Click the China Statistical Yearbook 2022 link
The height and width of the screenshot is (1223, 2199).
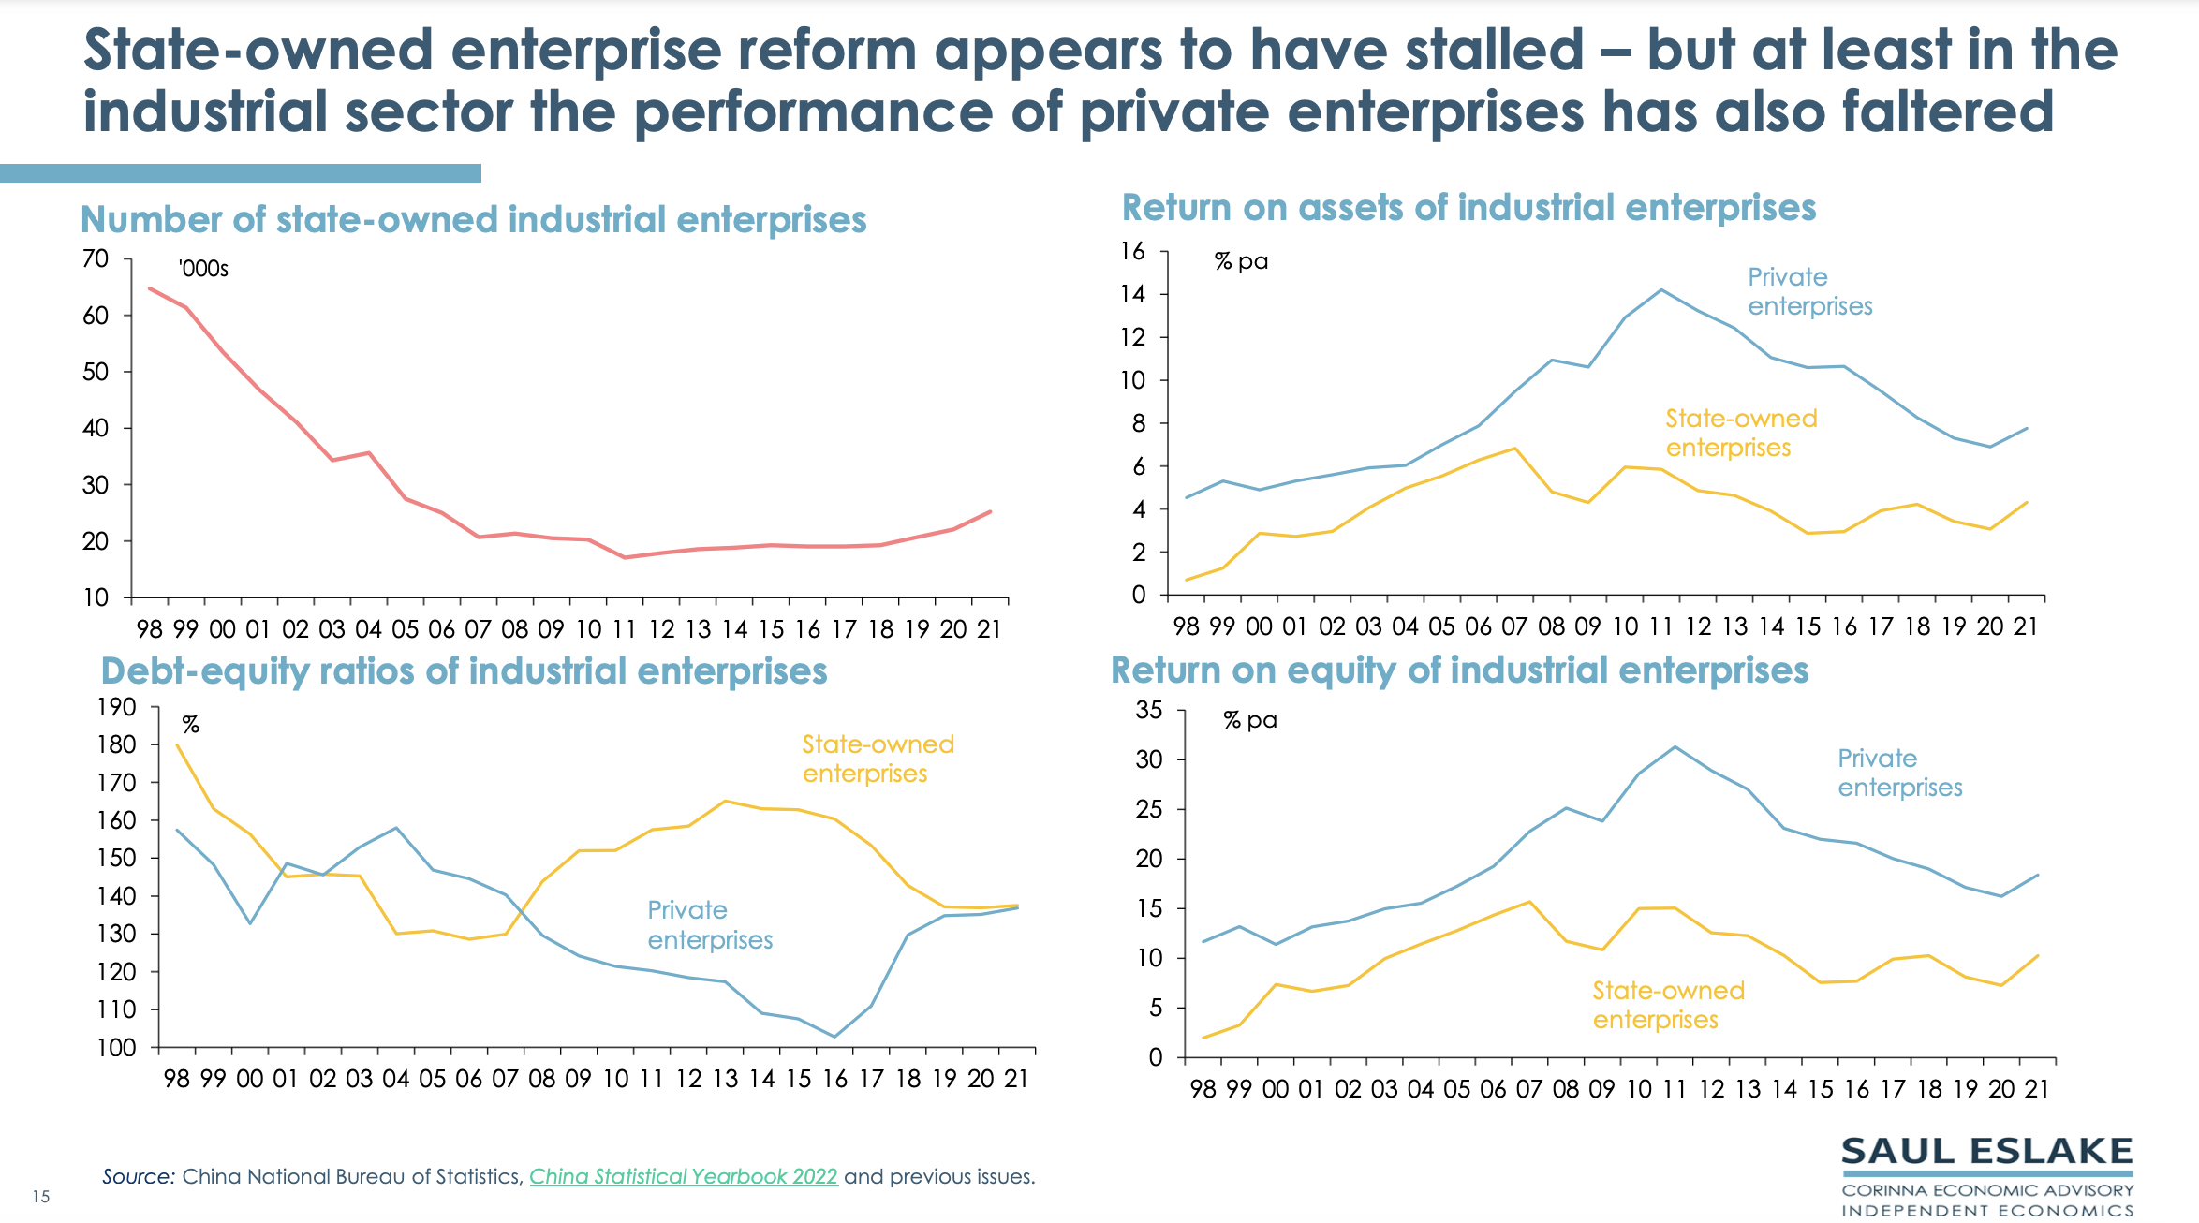pyautogui.click(x=683, y=1176)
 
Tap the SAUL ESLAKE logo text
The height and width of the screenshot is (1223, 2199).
pyautogui.click(x=1986, y=1152)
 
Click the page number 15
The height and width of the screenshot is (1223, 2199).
pyautogui.click(x=40, y=1197)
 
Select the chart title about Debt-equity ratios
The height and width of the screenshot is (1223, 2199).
pyautogui.click(x=464, y=671)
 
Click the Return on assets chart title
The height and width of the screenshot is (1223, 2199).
pyautogui.click(x=1468, y=208)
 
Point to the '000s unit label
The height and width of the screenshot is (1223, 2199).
pyautogui.click(x=203, y=269)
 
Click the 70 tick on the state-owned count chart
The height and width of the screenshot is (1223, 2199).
pyautogui.click(x=96, y=258)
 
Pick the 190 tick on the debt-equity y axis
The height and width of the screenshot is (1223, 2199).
pyautogui.click(x=116, y=707)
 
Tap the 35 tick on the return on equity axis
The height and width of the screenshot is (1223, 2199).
pyautogui.click(x=1149, y=710)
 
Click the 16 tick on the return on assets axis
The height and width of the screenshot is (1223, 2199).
pyautogui.click(x=1132, y=251)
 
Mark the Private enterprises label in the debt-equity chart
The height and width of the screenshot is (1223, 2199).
pyautogui.click(x=710, y=925)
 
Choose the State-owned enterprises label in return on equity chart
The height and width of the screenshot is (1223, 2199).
pyautogui.click(x=1668, y=1005)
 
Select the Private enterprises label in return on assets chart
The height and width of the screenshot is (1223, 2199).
pyautogui.click(x=1809, y=291)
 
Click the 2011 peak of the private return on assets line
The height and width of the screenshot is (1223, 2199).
pyautogui.click(x=1661, y=290)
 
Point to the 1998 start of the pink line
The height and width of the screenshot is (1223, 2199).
pyautogui.click(x=150, y=288)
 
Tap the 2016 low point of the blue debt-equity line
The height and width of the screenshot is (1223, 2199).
pyautogui.click(x=834, y=1037)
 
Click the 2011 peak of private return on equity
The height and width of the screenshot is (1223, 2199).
pyautogui.click(x=1675, y=747)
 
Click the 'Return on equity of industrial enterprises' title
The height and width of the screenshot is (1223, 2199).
pyautogui.click(x=1459, y=670)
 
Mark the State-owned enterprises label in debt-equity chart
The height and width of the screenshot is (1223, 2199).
pyautogui.click(x=878, y=759)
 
